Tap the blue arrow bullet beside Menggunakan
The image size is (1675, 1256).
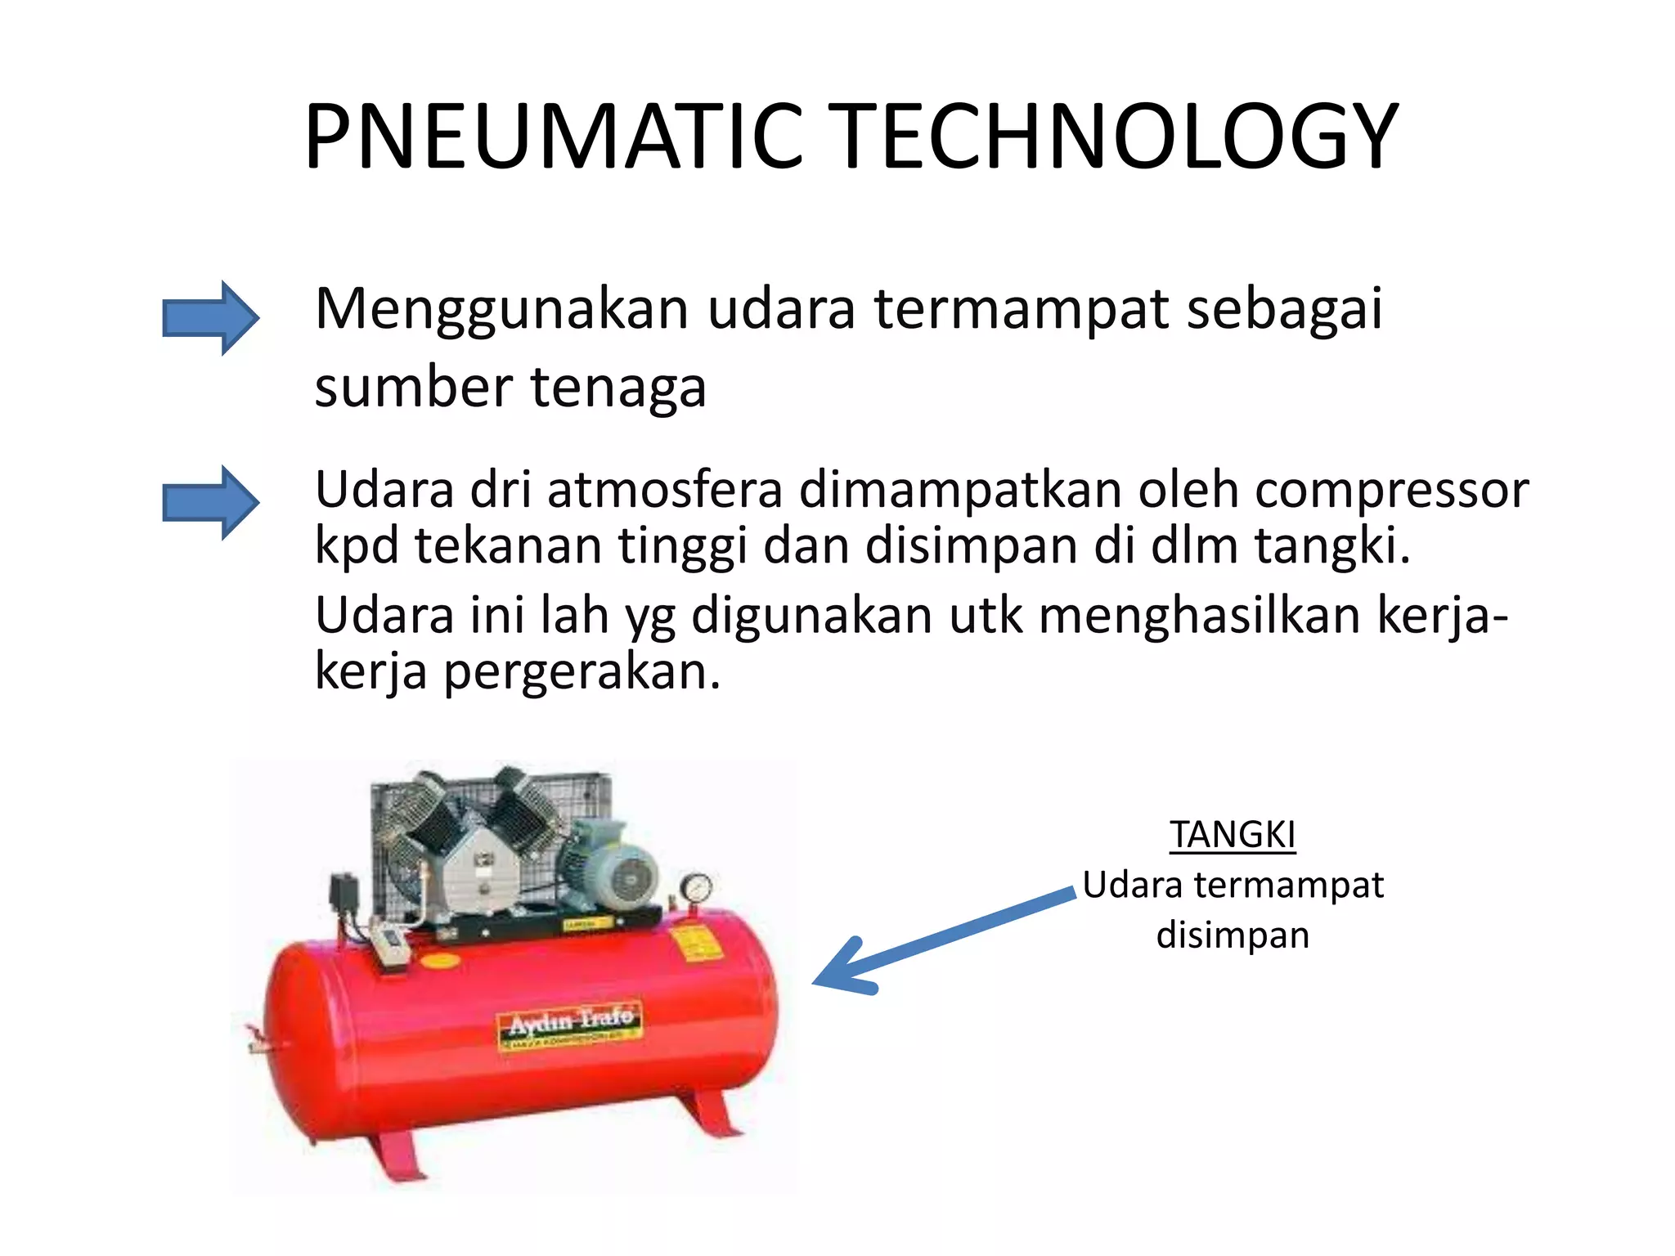[210, 317]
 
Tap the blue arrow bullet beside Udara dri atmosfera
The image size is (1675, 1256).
[210, 502]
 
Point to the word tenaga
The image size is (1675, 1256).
[618, 388]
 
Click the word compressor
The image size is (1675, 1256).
[1391, 491]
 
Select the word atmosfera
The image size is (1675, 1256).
[665, 491]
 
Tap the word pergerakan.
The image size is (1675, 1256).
[582, 672]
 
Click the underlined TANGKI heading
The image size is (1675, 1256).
[1232, 835]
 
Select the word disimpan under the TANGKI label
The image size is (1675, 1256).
[1232, 935]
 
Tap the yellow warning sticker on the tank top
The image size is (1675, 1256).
[694, 943]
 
